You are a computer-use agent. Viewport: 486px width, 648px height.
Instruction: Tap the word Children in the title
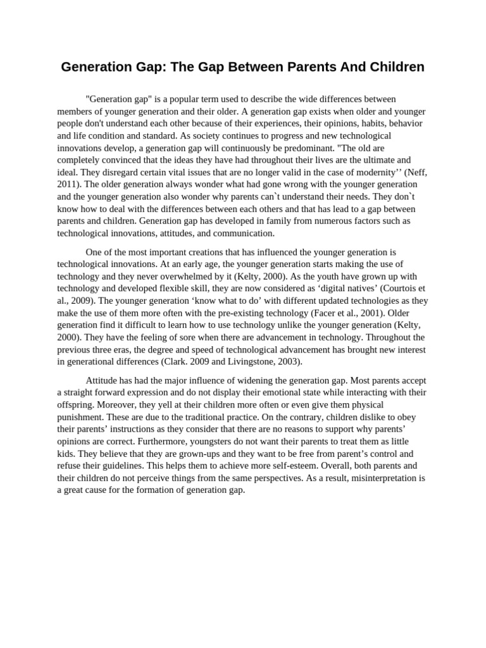click(x=394, y=66)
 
